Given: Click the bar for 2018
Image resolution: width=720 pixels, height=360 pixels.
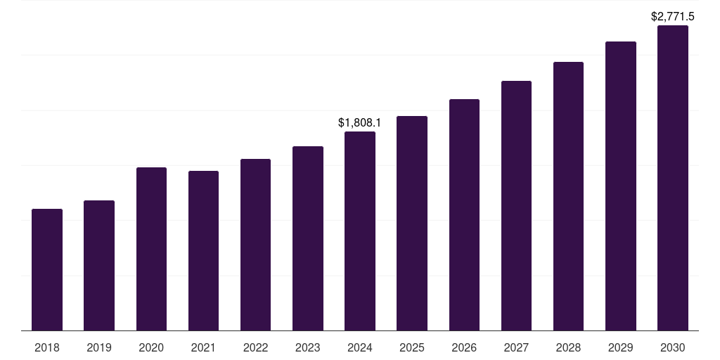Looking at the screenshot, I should [47, 270].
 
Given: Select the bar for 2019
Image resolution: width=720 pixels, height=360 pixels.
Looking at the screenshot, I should [99, 266].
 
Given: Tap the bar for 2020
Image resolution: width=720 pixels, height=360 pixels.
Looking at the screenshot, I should [151, 249].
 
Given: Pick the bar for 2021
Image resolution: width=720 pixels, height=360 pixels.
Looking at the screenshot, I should [203, 251].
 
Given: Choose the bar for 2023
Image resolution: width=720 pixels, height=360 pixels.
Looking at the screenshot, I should [308, 238].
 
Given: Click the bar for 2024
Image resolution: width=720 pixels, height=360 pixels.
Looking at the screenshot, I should [360, 231].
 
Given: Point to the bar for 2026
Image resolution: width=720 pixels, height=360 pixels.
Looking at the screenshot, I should [464, 215].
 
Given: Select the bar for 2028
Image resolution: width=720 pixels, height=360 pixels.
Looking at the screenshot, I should [568, 196].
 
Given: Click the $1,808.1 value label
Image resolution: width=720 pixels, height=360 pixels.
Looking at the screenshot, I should [360, 123].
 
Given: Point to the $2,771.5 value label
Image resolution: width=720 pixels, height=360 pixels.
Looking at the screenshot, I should [673, 16].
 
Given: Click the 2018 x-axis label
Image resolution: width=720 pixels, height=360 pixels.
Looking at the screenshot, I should [47, 347].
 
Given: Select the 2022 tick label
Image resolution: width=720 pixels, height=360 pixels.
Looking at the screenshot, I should [255, 347].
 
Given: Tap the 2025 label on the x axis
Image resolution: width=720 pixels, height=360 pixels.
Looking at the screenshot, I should [412, 347].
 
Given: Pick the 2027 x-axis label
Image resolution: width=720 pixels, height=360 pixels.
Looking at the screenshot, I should [516, 347].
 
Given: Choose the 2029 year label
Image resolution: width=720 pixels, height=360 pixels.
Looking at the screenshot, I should [620, 347].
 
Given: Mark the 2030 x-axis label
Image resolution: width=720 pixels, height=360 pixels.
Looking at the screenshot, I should [673, 347].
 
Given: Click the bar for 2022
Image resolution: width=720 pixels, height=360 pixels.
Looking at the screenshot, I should [255, 245].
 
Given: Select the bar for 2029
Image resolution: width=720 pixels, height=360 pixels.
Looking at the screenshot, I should [620, 186].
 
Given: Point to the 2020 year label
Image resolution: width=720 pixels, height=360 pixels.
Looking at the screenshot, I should [151, 347].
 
